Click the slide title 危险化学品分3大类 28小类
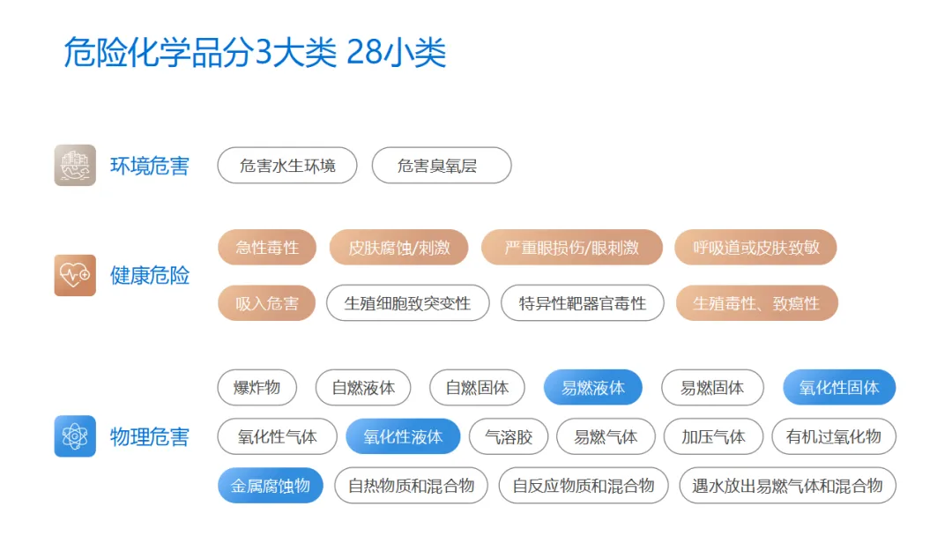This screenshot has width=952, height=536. pos(255,53)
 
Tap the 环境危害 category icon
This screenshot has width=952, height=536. pos(75,165)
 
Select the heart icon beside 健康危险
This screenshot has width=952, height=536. pos(75,275)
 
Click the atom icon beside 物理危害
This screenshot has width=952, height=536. pos(75,435)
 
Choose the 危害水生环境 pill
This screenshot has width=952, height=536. pos(287,166)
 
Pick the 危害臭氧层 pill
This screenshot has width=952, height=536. pos(441,166)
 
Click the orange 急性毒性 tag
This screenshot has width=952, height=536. pos(267,248)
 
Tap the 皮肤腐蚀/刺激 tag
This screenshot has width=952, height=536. pos(398,248)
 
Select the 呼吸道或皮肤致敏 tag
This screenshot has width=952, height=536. pos(755,248)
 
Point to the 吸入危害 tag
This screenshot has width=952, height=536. pos(266,303)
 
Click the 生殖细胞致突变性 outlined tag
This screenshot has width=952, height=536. pos(407,303)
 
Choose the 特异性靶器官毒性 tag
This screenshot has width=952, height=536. pos(582,303)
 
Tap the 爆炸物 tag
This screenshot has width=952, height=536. pos(257,388)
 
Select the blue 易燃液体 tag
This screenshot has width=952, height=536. pos(592,388)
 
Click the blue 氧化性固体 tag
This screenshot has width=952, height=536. pos(839,388)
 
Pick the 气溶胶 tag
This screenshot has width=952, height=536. pos(509,436)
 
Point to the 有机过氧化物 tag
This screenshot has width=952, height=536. pos(833,436)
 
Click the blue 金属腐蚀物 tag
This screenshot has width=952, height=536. pos(271,486)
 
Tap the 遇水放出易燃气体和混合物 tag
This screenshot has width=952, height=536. pos(787,486)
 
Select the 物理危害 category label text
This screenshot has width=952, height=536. pos(150,436)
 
